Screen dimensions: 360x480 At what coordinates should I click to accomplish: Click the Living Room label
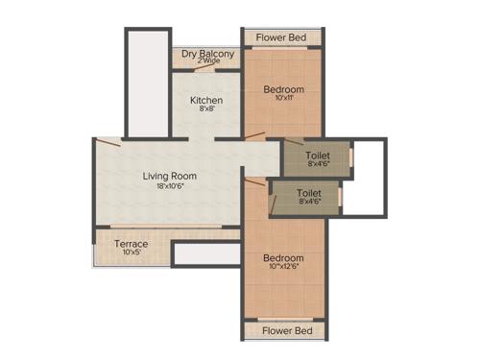click(x=170, y=176)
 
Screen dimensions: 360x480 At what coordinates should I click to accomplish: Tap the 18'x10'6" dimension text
click(x=170, y=186)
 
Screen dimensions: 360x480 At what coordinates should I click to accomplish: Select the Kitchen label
click(x=206, y=100)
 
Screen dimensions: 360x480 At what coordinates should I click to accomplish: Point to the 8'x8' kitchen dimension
click(x=206, y=109)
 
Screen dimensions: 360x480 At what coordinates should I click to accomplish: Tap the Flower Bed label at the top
click(x=283, y=37)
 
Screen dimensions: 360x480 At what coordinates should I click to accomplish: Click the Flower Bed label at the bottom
click(x=283, y=331)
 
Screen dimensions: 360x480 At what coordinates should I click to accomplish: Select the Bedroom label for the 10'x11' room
click(x=283, y=89)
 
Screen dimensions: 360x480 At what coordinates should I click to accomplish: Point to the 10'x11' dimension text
click(x=283, y=98)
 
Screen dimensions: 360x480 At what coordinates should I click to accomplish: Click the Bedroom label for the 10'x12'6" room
click(x=283, y=258)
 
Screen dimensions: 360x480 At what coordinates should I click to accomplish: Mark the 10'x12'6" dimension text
click(x=283, y=268)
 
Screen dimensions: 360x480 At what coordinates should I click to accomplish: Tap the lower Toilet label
click(x=309, y=193)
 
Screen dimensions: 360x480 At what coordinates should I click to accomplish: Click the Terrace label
click(x=132, y=244)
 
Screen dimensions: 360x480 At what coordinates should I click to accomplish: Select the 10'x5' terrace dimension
click(x=132, y=253)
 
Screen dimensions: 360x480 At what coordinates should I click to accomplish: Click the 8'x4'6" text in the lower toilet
click(x=309, y=203)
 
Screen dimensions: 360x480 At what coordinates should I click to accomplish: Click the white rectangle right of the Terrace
click(x=206, y=253)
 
